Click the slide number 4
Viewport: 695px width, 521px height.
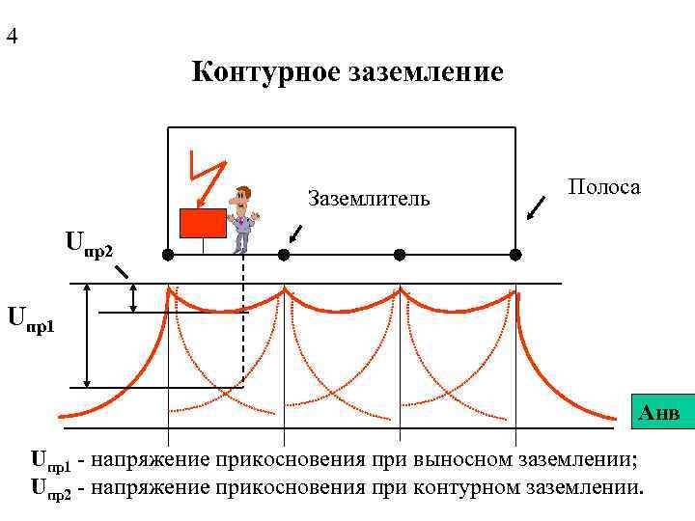(12, 38)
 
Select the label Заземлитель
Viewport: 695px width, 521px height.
(368, 200)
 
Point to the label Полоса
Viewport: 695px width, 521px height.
(604, 187)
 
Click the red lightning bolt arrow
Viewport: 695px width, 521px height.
(206, 179)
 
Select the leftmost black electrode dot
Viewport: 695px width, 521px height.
(168, 255)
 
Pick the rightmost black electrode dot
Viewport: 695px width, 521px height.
(515, 255)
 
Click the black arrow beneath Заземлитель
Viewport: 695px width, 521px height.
(296, 234)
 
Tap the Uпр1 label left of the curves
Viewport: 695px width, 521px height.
(31, 318)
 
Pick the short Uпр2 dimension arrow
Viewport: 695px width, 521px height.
(134, 298)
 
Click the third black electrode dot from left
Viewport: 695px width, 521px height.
(400, 255)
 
